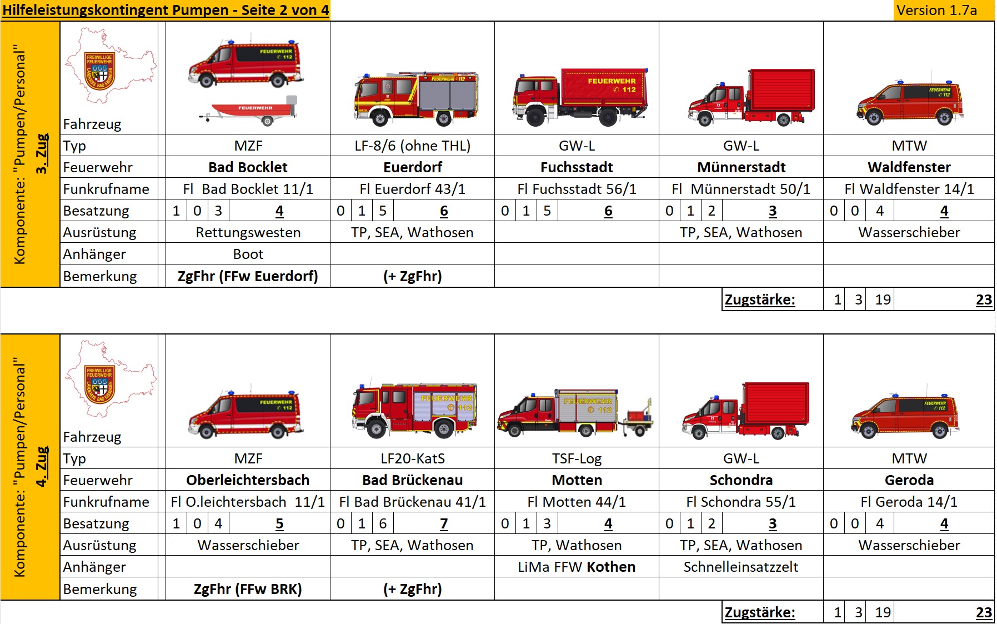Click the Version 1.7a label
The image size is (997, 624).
(936, 11)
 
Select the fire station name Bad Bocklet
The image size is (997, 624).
(248, 167)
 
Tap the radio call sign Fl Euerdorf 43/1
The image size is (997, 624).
(412, 189)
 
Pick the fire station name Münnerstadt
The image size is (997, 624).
(741, 167)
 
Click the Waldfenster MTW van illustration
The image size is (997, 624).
(909, 103)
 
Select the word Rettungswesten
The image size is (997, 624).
(248, 232)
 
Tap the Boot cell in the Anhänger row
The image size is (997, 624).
(248, 254)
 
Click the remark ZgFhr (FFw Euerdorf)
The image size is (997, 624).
(248, 276)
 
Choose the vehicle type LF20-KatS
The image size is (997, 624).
(412, 458)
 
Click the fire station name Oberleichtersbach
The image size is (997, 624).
(248, 480)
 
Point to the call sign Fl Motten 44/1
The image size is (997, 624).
(577, 502)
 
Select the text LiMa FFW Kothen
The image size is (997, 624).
(577, 567)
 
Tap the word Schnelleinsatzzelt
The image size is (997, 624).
(740, 567)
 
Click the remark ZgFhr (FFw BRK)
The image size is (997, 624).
(248, 589)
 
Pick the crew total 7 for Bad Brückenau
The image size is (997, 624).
(443, 523)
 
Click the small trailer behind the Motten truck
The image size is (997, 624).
(637, 420)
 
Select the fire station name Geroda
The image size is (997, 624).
(909, 480)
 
